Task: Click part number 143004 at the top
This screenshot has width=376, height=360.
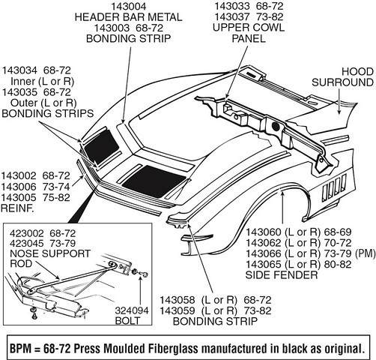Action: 129,6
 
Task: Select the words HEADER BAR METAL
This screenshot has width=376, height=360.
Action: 128,17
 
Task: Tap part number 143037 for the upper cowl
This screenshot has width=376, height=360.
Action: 232,16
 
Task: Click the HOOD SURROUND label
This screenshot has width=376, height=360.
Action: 342,77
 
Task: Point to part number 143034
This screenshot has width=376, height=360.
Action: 19,70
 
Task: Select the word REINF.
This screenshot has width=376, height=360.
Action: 17,208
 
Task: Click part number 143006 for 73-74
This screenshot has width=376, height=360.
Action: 19,187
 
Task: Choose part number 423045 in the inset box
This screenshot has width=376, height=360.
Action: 27,243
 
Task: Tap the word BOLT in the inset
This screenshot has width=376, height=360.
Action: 127,320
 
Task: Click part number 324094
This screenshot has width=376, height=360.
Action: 132,310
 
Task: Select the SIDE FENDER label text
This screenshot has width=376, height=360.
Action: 282,275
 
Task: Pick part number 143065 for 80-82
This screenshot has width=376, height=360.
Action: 264,264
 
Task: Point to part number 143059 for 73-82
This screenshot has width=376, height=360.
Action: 178,310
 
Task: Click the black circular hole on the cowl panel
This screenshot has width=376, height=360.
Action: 275,126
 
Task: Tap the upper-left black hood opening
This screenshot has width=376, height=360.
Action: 101,146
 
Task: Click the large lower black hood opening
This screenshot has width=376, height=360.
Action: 154,181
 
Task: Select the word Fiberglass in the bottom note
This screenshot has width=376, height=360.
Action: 169,348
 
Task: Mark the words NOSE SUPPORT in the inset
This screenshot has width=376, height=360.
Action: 50,253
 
